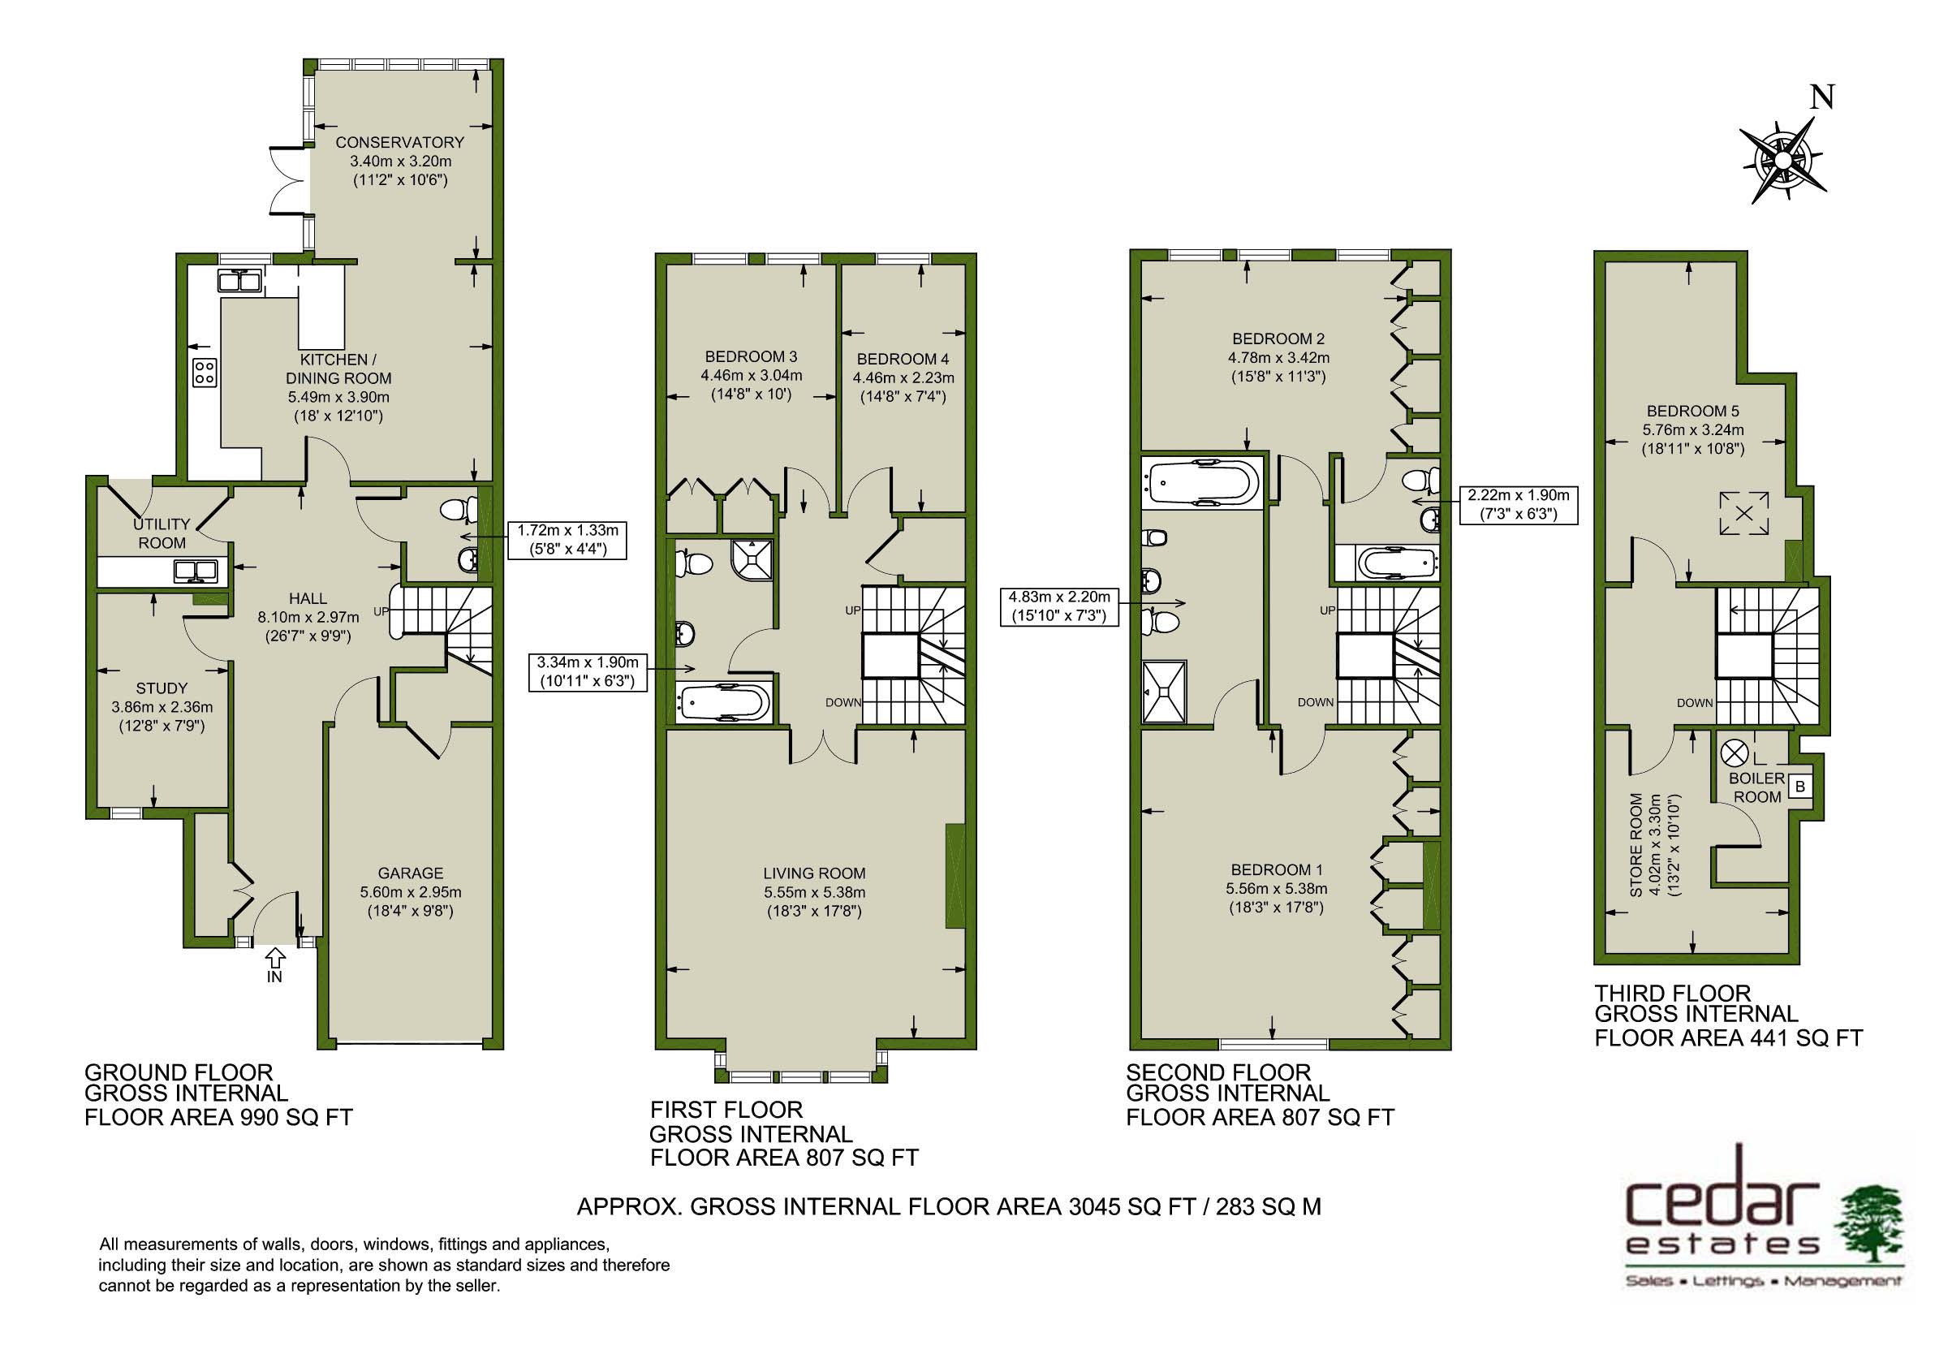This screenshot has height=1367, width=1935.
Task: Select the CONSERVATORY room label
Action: [399, 141]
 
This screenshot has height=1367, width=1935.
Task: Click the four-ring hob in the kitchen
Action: [205, 372]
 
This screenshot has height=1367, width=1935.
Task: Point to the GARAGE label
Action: [411, 873]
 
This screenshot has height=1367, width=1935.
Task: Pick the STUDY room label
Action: [162, 688]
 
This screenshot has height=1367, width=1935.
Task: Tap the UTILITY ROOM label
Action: [162, 533]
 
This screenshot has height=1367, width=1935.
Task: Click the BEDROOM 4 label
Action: [903, 359]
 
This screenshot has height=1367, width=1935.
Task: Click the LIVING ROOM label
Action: [814, 874]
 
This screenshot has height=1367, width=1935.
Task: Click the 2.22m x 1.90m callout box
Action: [1519, 505]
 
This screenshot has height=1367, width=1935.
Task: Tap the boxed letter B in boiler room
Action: [1800, 787]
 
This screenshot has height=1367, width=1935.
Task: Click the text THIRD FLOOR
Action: [1673, 994]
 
